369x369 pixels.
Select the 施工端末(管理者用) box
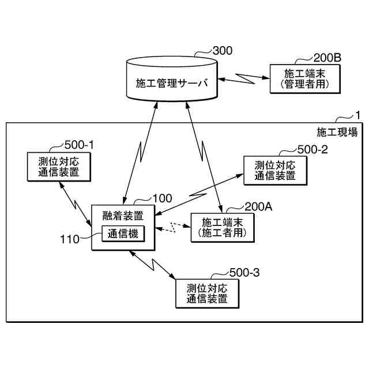[x=303, y=79]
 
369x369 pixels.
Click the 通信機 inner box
[x=123, y=234]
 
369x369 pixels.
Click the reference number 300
[x=223, y=51]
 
